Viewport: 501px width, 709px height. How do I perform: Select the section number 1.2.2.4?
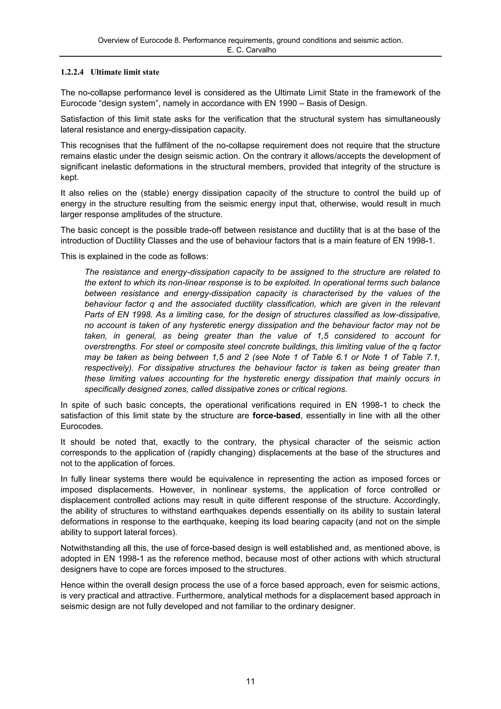coord(72,72)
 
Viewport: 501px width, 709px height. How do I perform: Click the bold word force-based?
coord(276,416)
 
